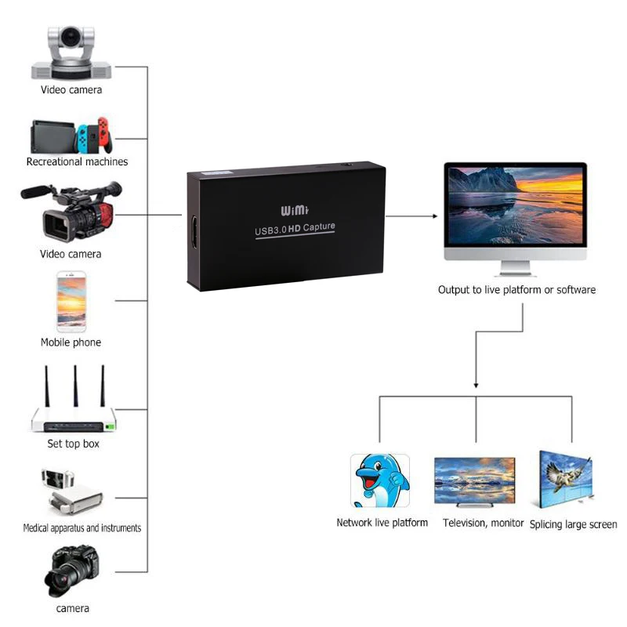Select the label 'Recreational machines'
pyautogui.click(x=77, y=161)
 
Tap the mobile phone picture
pyautogui.click(x=71, y=302)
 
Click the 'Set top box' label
pyautogui.click(x=73, y=444)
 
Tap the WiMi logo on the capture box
pyautogui.click(x=296, y=210)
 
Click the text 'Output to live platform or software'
pyautogui.click(x=516, y=290)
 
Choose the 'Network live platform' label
pyautogui.click(x=382, y=523)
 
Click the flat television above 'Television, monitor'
pyautogui.click(x=475, y=480)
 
